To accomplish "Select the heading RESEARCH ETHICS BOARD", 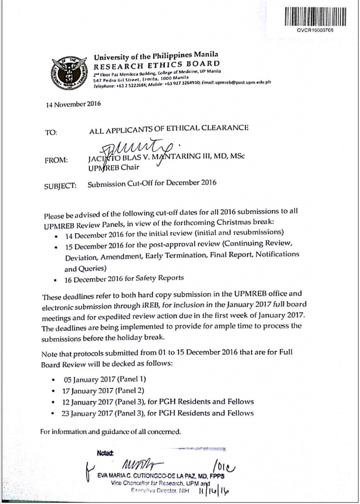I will [157, 64].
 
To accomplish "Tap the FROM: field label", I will [55, 160].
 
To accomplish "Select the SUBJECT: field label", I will [59, 186].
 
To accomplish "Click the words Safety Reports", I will [163, 278].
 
